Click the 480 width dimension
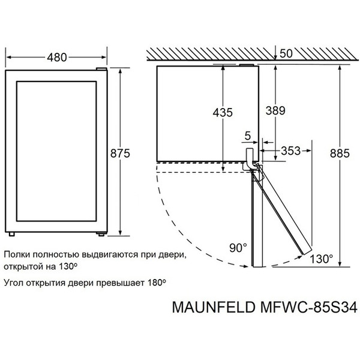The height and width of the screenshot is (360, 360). pos(56,58)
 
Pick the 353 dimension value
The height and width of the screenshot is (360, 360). pos(290,151)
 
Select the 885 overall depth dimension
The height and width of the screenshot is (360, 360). pos(339,153)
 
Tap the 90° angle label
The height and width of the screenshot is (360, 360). pos(239,247)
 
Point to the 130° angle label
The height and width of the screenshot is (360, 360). pos(322,259)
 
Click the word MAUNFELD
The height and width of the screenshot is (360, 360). pos(206,307)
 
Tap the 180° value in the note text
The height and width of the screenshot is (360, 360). pos(154,281)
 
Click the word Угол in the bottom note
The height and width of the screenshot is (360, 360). pos(14,281)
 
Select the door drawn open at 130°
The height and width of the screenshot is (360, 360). pos(285,210)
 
